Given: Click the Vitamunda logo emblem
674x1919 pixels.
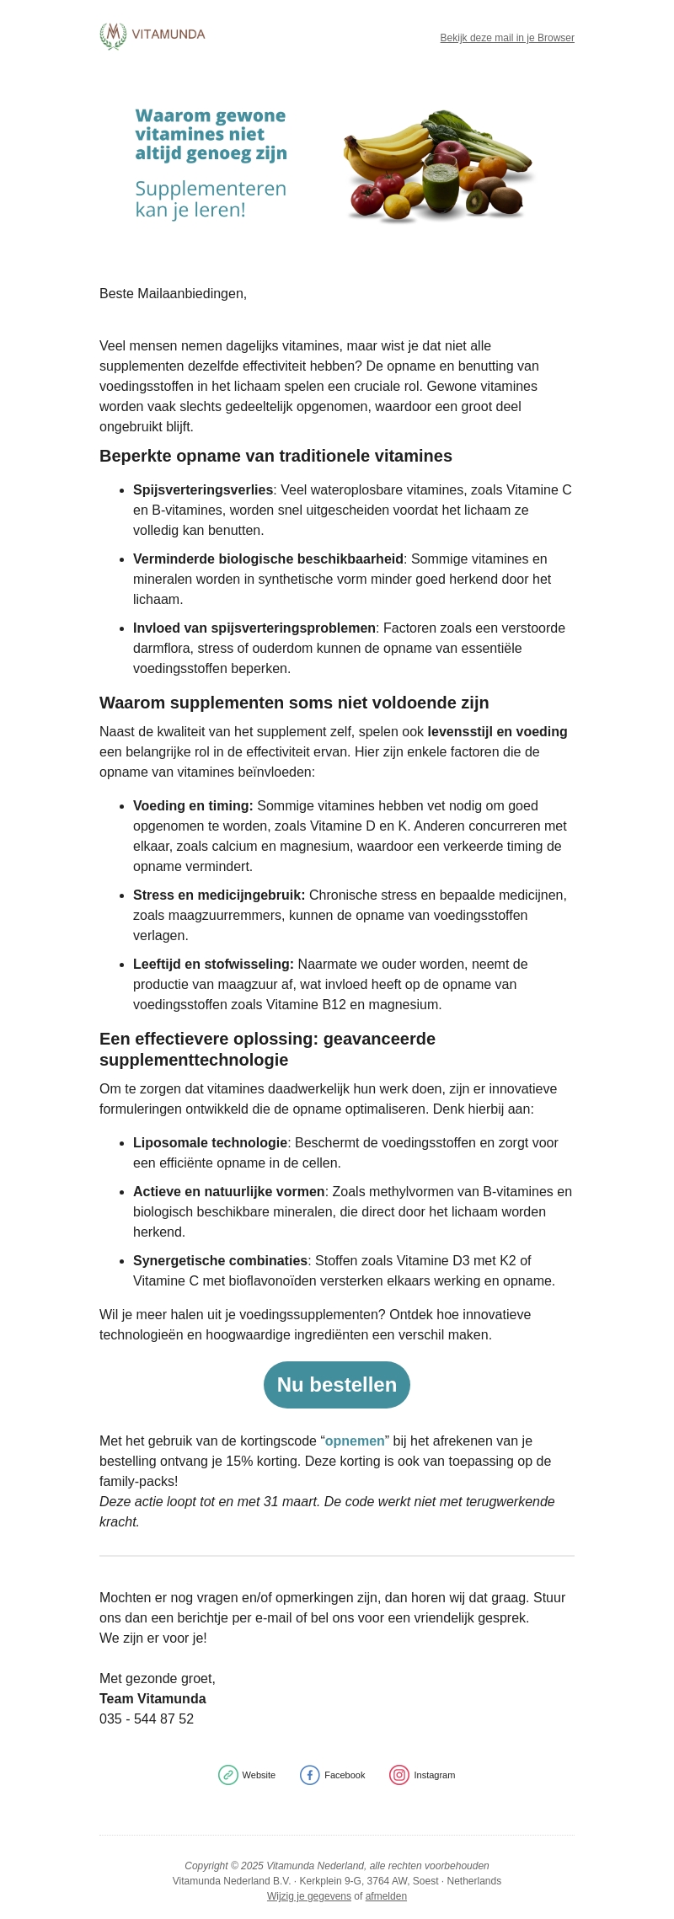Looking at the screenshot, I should click(x=113, y=35).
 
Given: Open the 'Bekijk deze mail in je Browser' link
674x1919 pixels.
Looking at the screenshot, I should click(x=507, y=38).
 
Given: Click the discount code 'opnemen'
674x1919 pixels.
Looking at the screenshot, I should click(x=355, y=1441).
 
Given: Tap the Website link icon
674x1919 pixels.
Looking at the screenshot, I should click(x=228, y=1775).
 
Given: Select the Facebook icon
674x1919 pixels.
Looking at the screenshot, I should click(x=310, y=1775).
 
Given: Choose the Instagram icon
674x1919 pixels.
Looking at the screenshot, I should click(x=399, y=1775).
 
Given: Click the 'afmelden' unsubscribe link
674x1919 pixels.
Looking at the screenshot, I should click(x=386, y=1896).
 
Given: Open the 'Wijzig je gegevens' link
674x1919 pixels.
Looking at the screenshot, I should click(x=309, y=1896).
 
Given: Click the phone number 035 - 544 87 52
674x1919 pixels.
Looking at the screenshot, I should click(x=147, y=1719).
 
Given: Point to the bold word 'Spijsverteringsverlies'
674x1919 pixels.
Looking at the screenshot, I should click(x=203, y=489).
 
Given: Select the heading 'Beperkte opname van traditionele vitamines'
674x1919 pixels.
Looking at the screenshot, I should click(x=275, y=456).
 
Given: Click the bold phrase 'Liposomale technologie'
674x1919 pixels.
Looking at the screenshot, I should click(x=210, y=1142).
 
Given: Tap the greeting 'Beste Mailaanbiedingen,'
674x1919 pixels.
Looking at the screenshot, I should click(x=173, y=293).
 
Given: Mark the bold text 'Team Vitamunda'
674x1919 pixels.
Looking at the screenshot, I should click(x=152, y=1698).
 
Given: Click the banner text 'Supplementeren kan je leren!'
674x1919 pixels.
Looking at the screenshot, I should click(x=211, y=199).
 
